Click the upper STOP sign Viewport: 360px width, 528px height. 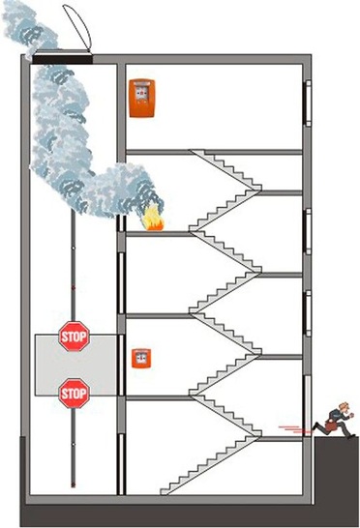[x=74, y=337]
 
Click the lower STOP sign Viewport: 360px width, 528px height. [x=74, y=394]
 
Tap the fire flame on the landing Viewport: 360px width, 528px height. [x=152, y=223]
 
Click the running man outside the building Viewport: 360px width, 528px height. [x=337, y=418]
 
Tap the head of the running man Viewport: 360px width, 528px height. [x=341, y=406]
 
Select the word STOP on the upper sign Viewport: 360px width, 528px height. [x=74, y=337]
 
